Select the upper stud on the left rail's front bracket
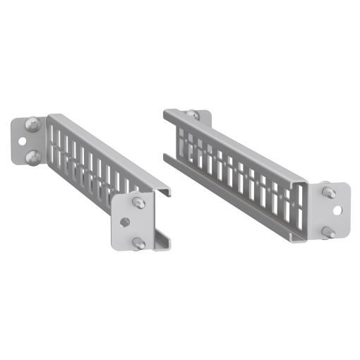pos(138,203)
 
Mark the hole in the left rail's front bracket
pos(125,222)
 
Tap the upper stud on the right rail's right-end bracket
pos(328,191)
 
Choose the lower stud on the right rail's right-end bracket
pos(328,232)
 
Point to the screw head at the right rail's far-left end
pos(191,115)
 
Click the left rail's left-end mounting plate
pos(21,141)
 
